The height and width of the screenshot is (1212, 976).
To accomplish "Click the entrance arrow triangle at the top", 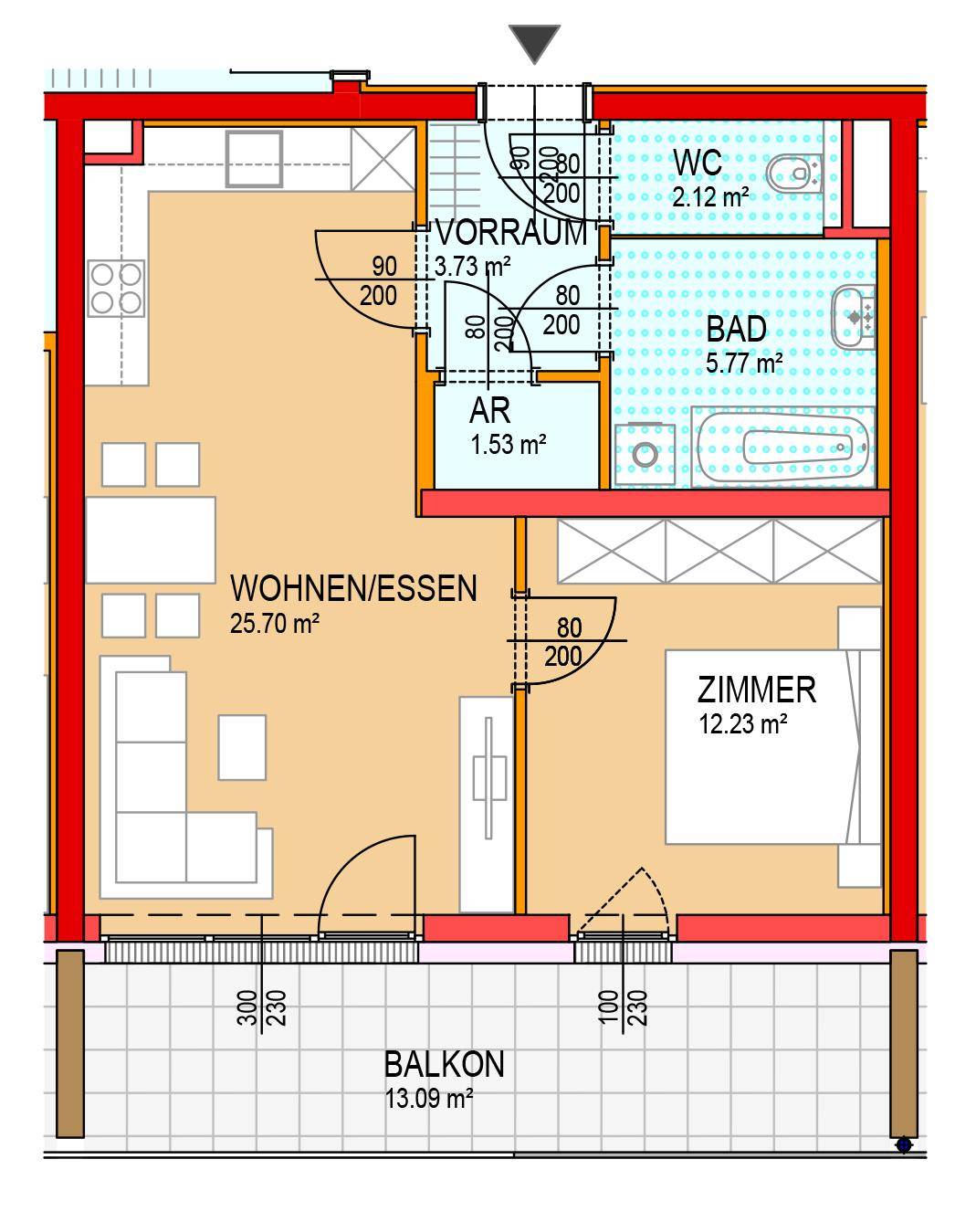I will pyautogui.click(x=534, y=43).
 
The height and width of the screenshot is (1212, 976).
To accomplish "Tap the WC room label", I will pyautogui.click(x=698, y=163).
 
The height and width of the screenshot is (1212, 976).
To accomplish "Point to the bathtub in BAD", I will pyautogui.click(x=784, y=448).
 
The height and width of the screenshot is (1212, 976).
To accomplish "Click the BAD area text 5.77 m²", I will pyautogui.click(x=744, y=364).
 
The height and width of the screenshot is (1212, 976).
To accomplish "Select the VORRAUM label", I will pyautogui.click(x=511, y=233).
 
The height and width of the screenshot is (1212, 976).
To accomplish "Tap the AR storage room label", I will pyautogui.click(x=489, y=411).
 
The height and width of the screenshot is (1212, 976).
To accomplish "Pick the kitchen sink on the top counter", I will pyautogui.click(x=254, y=158).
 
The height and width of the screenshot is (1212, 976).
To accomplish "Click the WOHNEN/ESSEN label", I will pyautogui.click(x=353, y=588).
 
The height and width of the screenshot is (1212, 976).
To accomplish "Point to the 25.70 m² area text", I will pyautogui.click(x=275, y=624).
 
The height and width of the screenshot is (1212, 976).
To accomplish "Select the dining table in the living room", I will pyautogui.click(x=151, y=540).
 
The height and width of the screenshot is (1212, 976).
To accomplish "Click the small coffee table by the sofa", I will pyautogui.click(x=242, y=746).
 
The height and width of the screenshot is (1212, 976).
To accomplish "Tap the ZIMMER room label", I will pyautogui.click(x=757, y=689).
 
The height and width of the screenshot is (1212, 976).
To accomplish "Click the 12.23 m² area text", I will pyautogui.click(x=743, y=724).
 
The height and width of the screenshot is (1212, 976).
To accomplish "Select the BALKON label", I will pyautogui.click(x=444, y=1064).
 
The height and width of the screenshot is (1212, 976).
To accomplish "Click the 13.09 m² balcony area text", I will pyautogui.click(x=428, y=1099).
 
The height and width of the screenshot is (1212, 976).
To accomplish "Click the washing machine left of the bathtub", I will pyautogui.click(x=645, y=453).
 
